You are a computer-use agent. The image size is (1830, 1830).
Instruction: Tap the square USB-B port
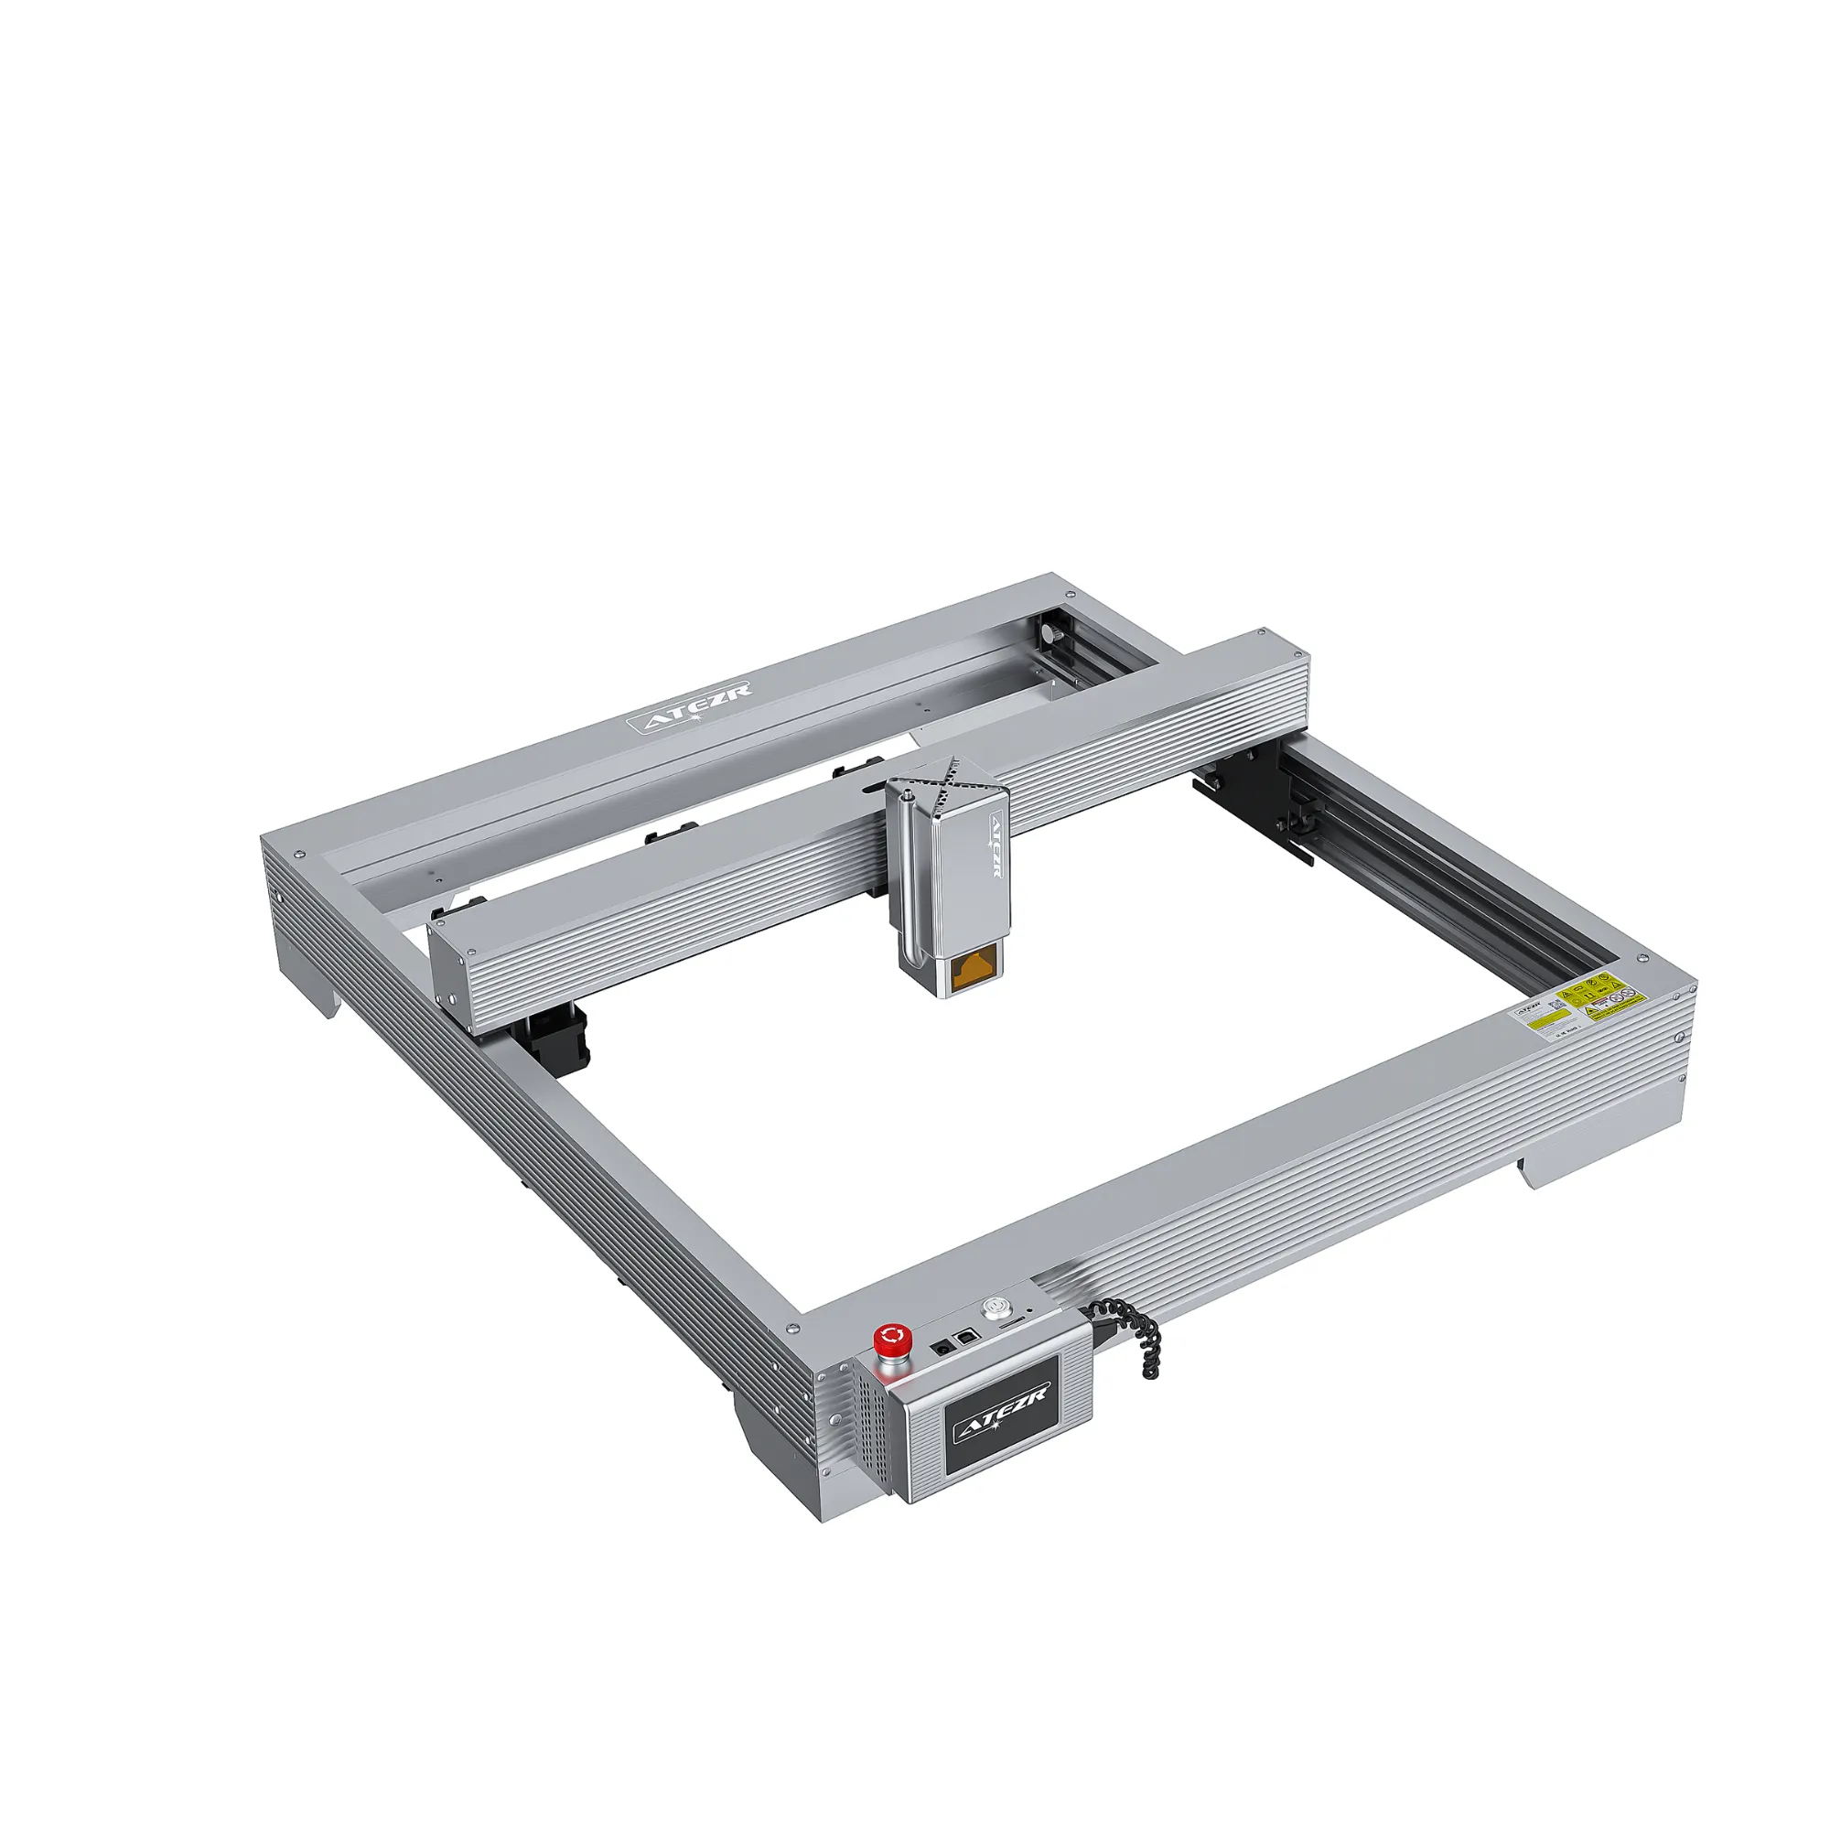(966, 1337)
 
